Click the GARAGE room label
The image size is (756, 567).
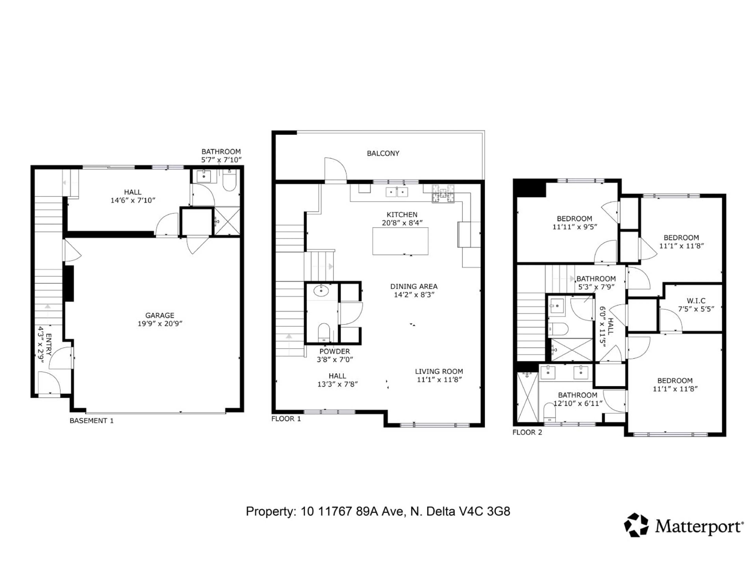pos(160,315)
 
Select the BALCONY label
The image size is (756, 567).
pos(383,153)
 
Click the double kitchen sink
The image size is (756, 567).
pos(397,192)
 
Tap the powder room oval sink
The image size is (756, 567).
pos(321,291)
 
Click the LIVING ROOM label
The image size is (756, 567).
pos(439,371)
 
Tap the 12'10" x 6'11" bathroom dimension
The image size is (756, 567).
pos(578,403)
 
